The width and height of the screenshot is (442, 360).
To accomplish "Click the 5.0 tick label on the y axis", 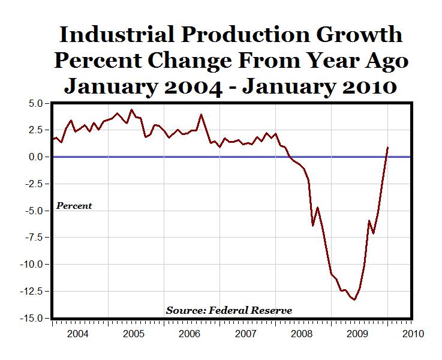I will click(x=34, y=103).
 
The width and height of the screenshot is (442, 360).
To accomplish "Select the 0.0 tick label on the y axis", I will click(x=34, y=157).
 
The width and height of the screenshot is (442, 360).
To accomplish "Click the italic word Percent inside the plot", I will click(x=74, y=206).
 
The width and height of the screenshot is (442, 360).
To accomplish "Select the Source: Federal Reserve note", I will click(x=229, y=310).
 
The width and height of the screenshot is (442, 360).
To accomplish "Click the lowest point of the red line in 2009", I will click(x=355, y=299).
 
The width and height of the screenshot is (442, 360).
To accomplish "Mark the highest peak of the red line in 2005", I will click(x=132, y=110).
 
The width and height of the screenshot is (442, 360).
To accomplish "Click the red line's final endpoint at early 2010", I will click(x=387, y=148).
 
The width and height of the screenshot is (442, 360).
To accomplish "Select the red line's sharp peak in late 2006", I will click(x=201, y=115).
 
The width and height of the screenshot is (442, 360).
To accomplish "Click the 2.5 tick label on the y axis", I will click(x=34, y=130).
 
